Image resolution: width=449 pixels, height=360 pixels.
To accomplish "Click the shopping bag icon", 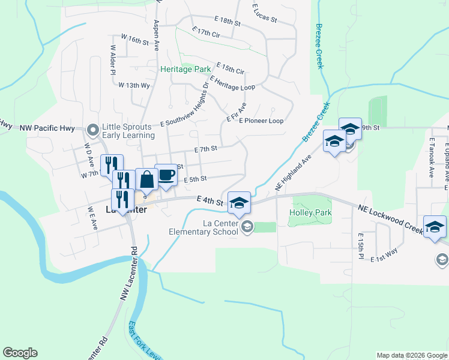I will point(146,179).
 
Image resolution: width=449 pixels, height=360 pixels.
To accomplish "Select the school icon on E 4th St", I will point(239,203).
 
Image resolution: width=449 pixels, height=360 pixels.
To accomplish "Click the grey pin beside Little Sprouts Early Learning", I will point(92,130).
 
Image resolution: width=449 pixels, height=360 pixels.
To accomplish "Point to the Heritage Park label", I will point(185,69).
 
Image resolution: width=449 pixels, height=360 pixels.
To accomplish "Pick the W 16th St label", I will point(134,38).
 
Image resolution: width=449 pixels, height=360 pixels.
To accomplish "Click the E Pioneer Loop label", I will point(261,121).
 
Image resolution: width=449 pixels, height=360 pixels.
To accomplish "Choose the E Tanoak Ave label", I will point(432,157).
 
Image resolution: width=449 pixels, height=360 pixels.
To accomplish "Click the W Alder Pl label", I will point(112,59).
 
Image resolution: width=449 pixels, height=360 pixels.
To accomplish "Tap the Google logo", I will point(20,353).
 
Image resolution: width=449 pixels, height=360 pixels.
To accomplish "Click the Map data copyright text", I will point(412,355).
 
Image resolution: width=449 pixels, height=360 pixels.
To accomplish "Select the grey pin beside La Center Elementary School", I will point(247,226).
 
